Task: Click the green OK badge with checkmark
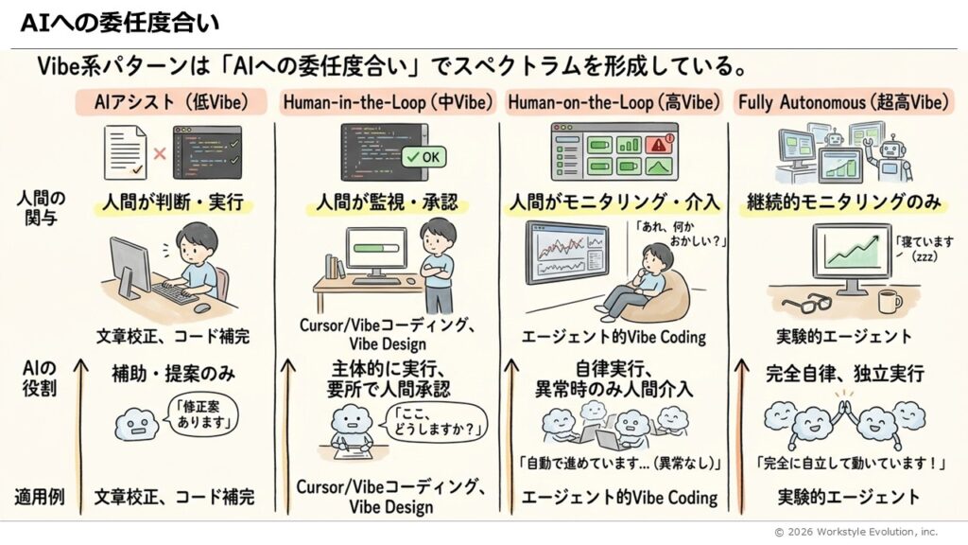pyautogui.click(x=423, y=156)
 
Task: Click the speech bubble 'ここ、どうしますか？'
pyautogui.click(x=426, y=422)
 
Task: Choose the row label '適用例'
pyautogui.click(x=40, y=496)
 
